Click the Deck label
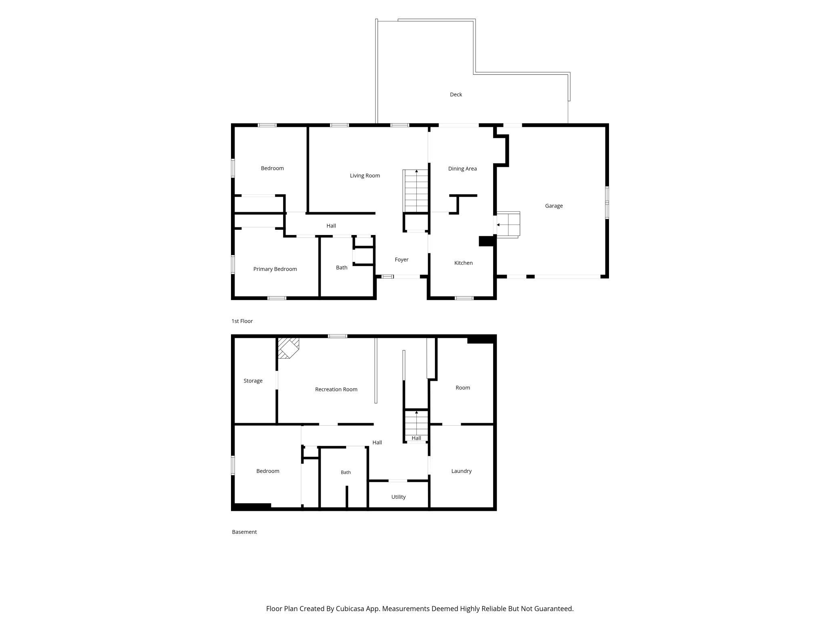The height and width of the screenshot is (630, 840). [x=456, y=94]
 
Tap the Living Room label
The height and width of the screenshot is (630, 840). [x=365, y=176]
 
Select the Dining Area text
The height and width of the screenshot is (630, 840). [x=462, y=169]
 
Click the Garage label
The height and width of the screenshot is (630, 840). [x=554, y=206]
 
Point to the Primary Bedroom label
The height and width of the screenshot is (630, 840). [x=275, y=269]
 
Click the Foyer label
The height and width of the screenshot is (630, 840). [x=401, y=260]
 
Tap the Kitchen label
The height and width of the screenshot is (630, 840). [x=463, y=263]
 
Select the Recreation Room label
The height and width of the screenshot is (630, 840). [x=336, y=389]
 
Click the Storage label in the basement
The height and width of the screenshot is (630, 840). [x=253, y=381]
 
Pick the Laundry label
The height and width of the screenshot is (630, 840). [x=461, y=471]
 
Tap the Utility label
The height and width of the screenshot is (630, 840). [x=398, y=497]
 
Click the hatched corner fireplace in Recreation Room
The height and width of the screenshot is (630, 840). [x=288, y=348]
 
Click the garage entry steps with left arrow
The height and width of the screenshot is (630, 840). [x=508, y=225]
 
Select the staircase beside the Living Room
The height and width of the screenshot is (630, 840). [x=416, y=191]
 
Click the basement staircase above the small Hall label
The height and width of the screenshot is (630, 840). [x=416, y=422]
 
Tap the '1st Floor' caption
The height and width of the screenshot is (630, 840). [x=242, y=321]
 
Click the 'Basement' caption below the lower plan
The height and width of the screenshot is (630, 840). [x=244, y=532]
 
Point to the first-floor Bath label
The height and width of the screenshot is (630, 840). [x=342, y=268]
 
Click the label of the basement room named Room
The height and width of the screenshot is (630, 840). [x=463, y=388]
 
